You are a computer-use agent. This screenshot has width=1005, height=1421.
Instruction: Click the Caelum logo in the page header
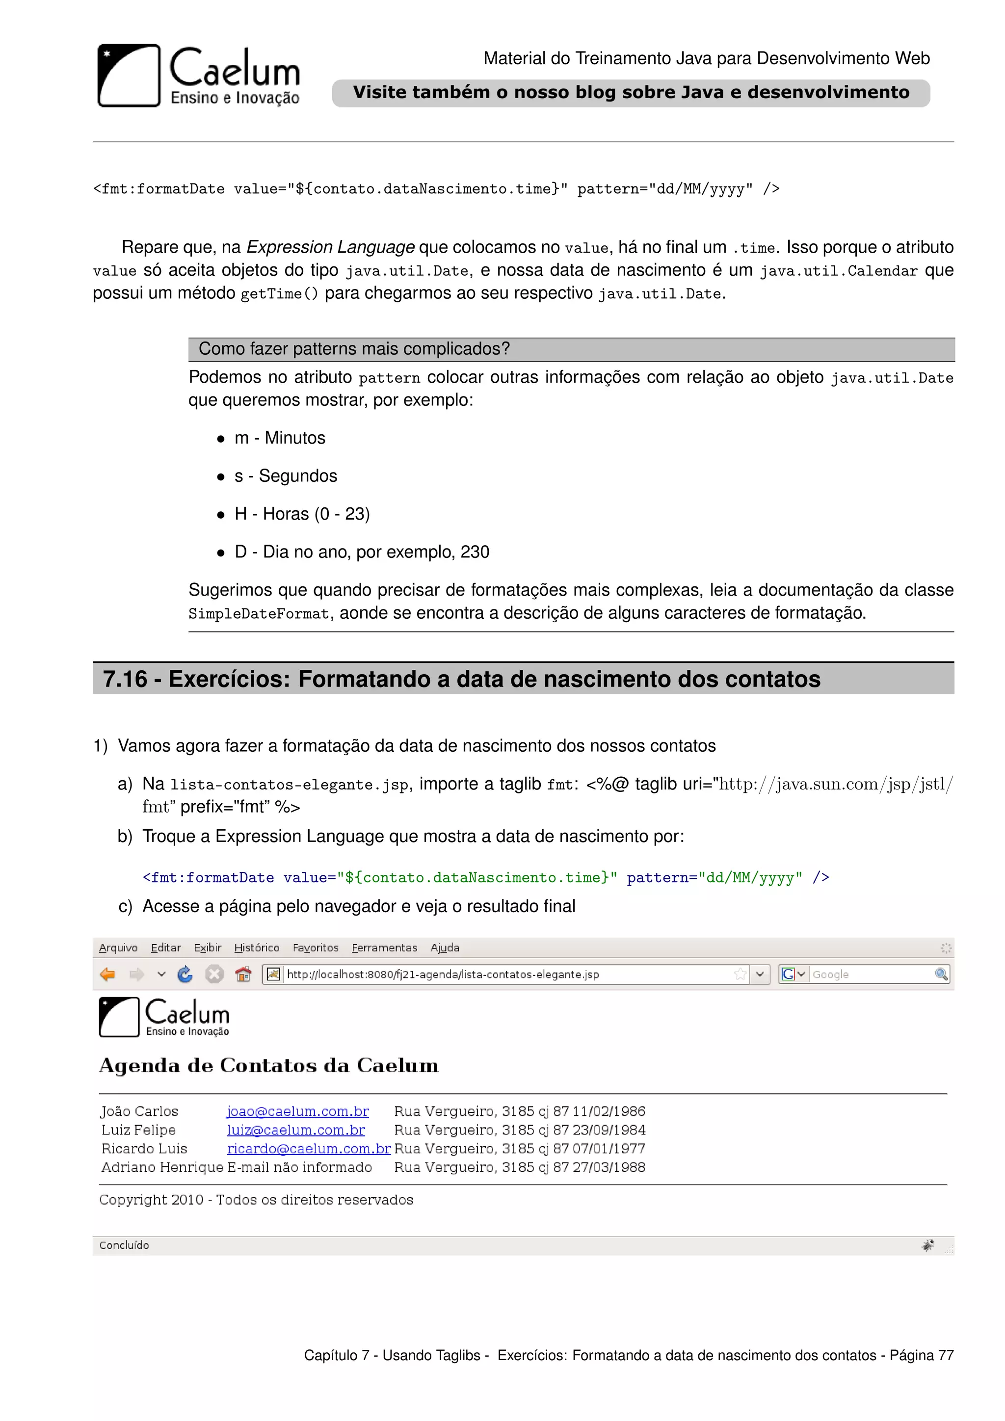(198, 76)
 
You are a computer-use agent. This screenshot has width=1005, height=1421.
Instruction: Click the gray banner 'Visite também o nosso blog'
(630, 93)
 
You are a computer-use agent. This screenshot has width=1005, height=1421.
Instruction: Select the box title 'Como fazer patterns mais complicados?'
(354, 349)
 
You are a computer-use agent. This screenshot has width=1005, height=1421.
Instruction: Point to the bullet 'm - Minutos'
(279, 438)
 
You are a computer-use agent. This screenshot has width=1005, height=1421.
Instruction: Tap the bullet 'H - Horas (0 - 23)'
(301, 514)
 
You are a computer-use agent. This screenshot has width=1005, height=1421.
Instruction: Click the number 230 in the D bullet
(475, 552)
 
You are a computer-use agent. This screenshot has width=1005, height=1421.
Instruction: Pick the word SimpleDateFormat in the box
(259, 614)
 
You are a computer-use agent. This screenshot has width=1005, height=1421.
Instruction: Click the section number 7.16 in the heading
(125, 680)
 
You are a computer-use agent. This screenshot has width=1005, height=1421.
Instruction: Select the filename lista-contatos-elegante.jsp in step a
(289, 785)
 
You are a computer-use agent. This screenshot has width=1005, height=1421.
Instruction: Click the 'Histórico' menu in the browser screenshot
(256, 947)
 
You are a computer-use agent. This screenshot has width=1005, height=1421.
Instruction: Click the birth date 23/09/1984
(609, 1130)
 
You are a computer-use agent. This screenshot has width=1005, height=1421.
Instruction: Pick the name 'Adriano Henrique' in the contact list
(162, 1167)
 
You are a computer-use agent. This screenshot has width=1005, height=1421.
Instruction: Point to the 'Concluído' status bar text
(124, 1245)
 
